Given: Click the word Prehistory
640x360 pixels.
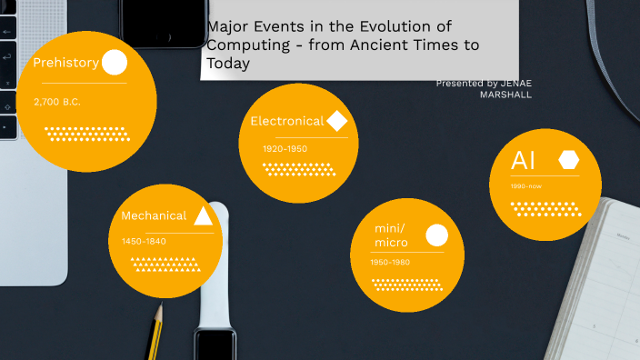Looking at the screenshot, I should pyautogui.click(x=65, y=63).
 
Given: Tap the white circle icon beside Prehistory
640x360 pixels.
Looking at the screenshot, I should pyautogui.click(x=115, y=63).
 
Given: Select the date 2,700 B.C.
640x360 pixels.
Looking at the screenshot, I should pyautogui.click(x=57, y=101).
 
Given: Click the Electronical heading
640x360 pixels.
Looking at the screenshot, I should pyautogui.click(x=286, y=121).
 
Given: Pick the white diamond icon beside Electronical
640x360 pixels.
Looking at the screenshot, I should pyautogui.click(x=337, y=120).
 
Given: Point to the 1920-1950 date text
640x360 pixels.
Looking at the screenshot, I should pyautogui.click(x=285, y=148).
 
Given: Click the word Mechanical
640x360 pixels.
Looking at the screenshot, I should pyautogui.click(x=154, y=216).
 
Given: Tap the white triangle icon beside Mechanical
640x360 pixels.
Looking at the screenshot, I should pyautogui.click(x=204, y=215).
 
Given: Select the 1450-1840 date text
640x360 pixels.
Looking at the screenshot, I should pyautogui.click(x=144, y=242).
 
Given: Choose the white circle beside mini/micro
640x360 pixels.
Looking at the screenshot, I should pyautogui.click(x=437, y=235).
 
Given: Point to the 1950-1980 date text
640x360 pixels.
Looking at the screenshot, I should pyautogui.click(x=390, y=263).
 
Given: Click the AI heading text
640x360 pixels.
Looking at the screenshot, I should pyautogui.click(x=524, y=161).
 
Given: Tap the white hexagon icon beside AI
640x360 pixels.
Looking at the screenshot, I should pyautogui.click(x=569, y=160).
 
